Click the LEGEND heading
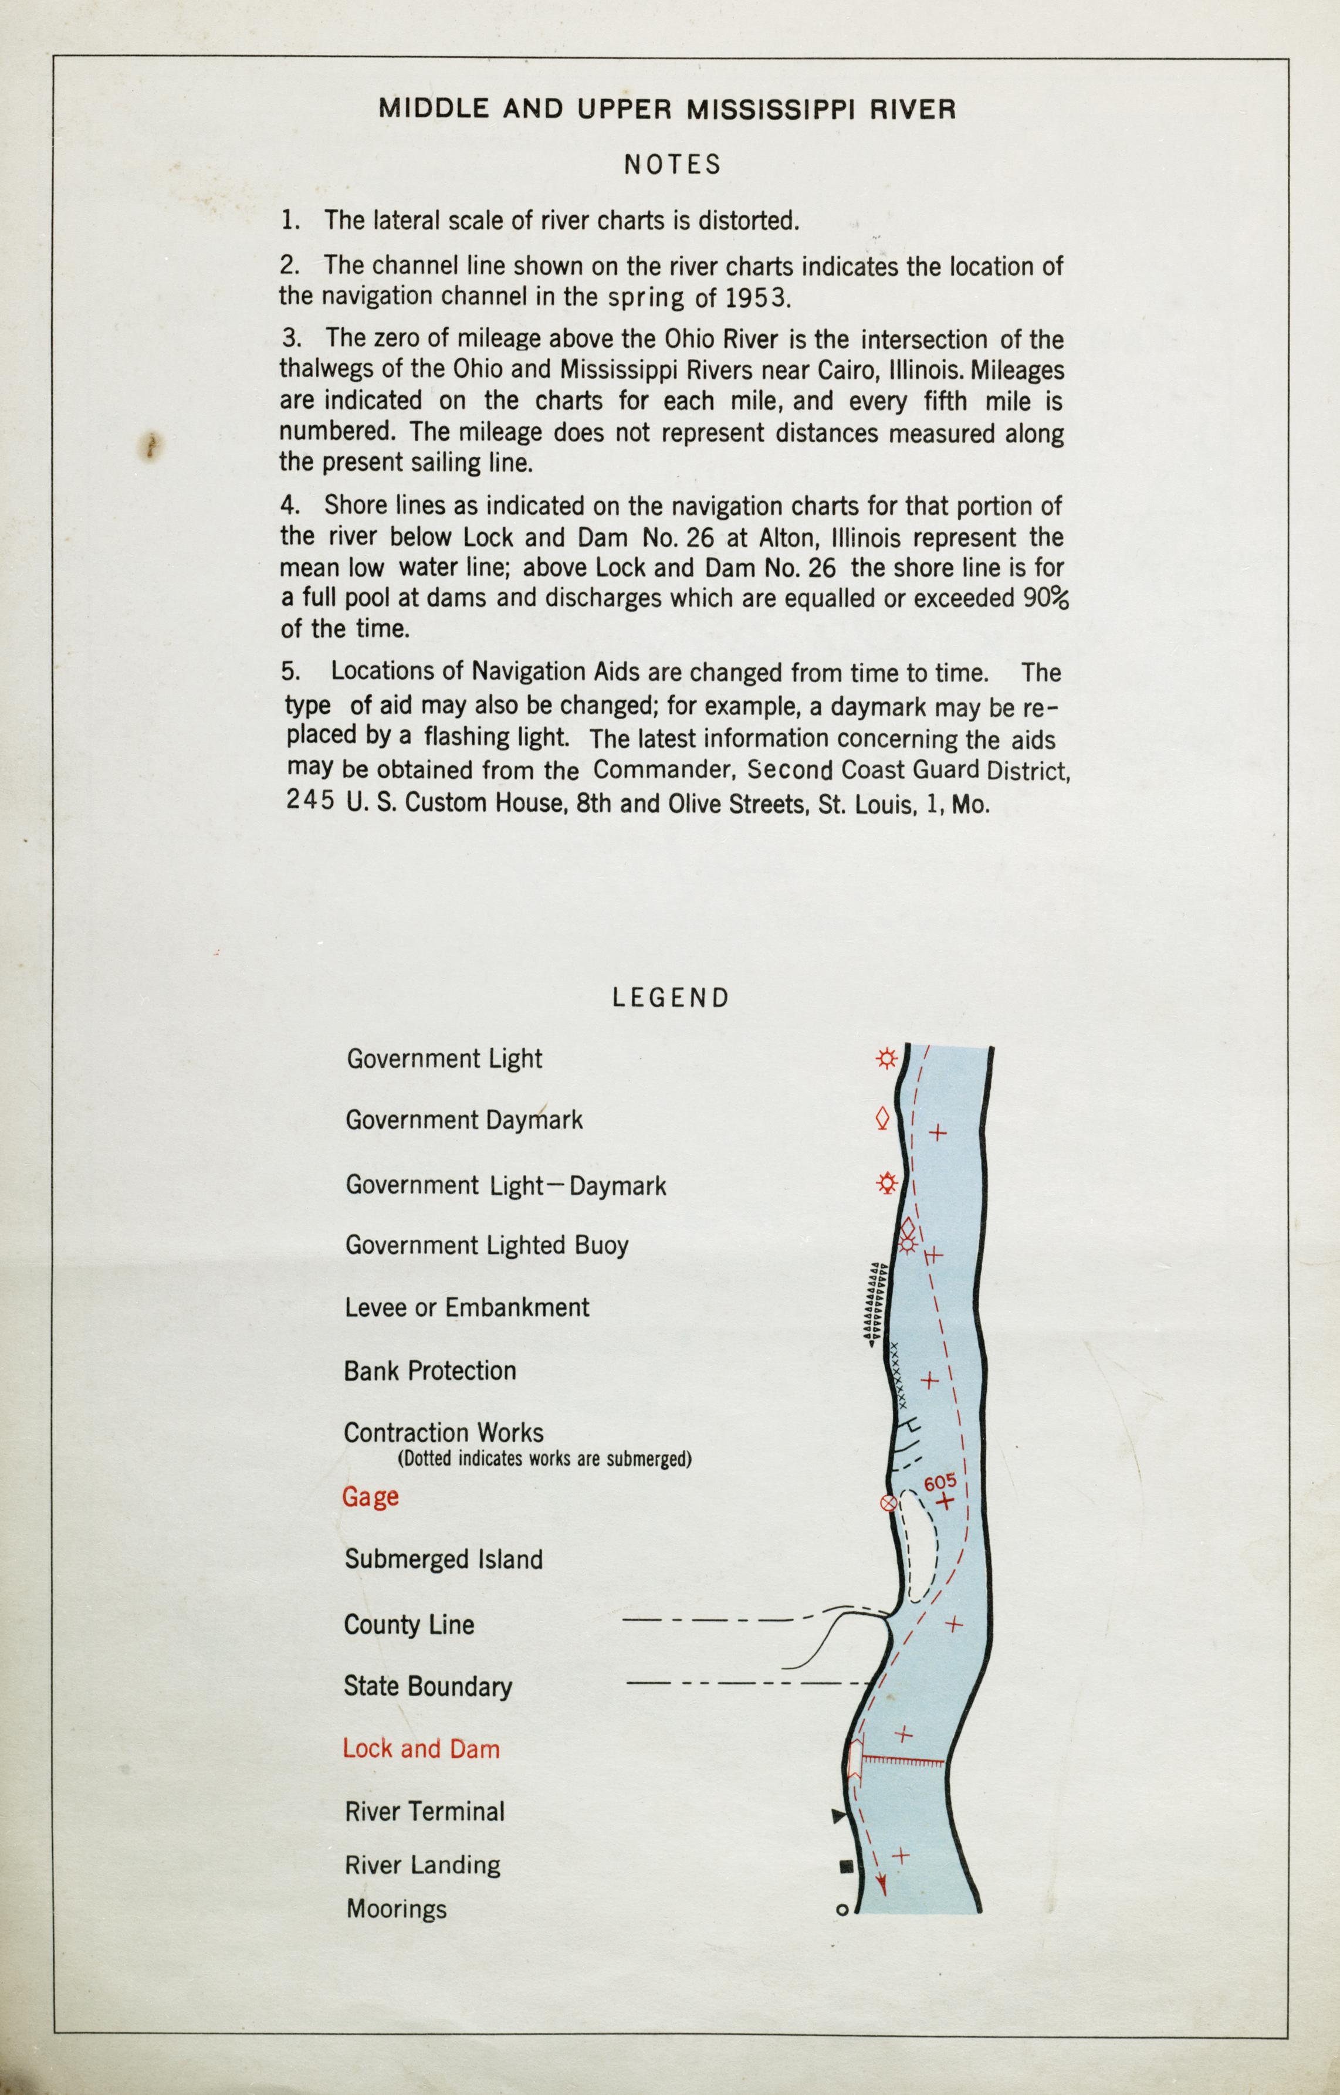(x=670, y=998)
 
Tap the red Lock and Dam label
(x=421, y=1749)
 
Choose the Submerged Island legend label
(x=443, y=1559)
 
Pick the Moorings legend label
(x=396, y=1909)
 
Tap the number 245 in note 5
(x=310, y=801)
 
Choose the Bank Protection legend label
(x=430, y=1371)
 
